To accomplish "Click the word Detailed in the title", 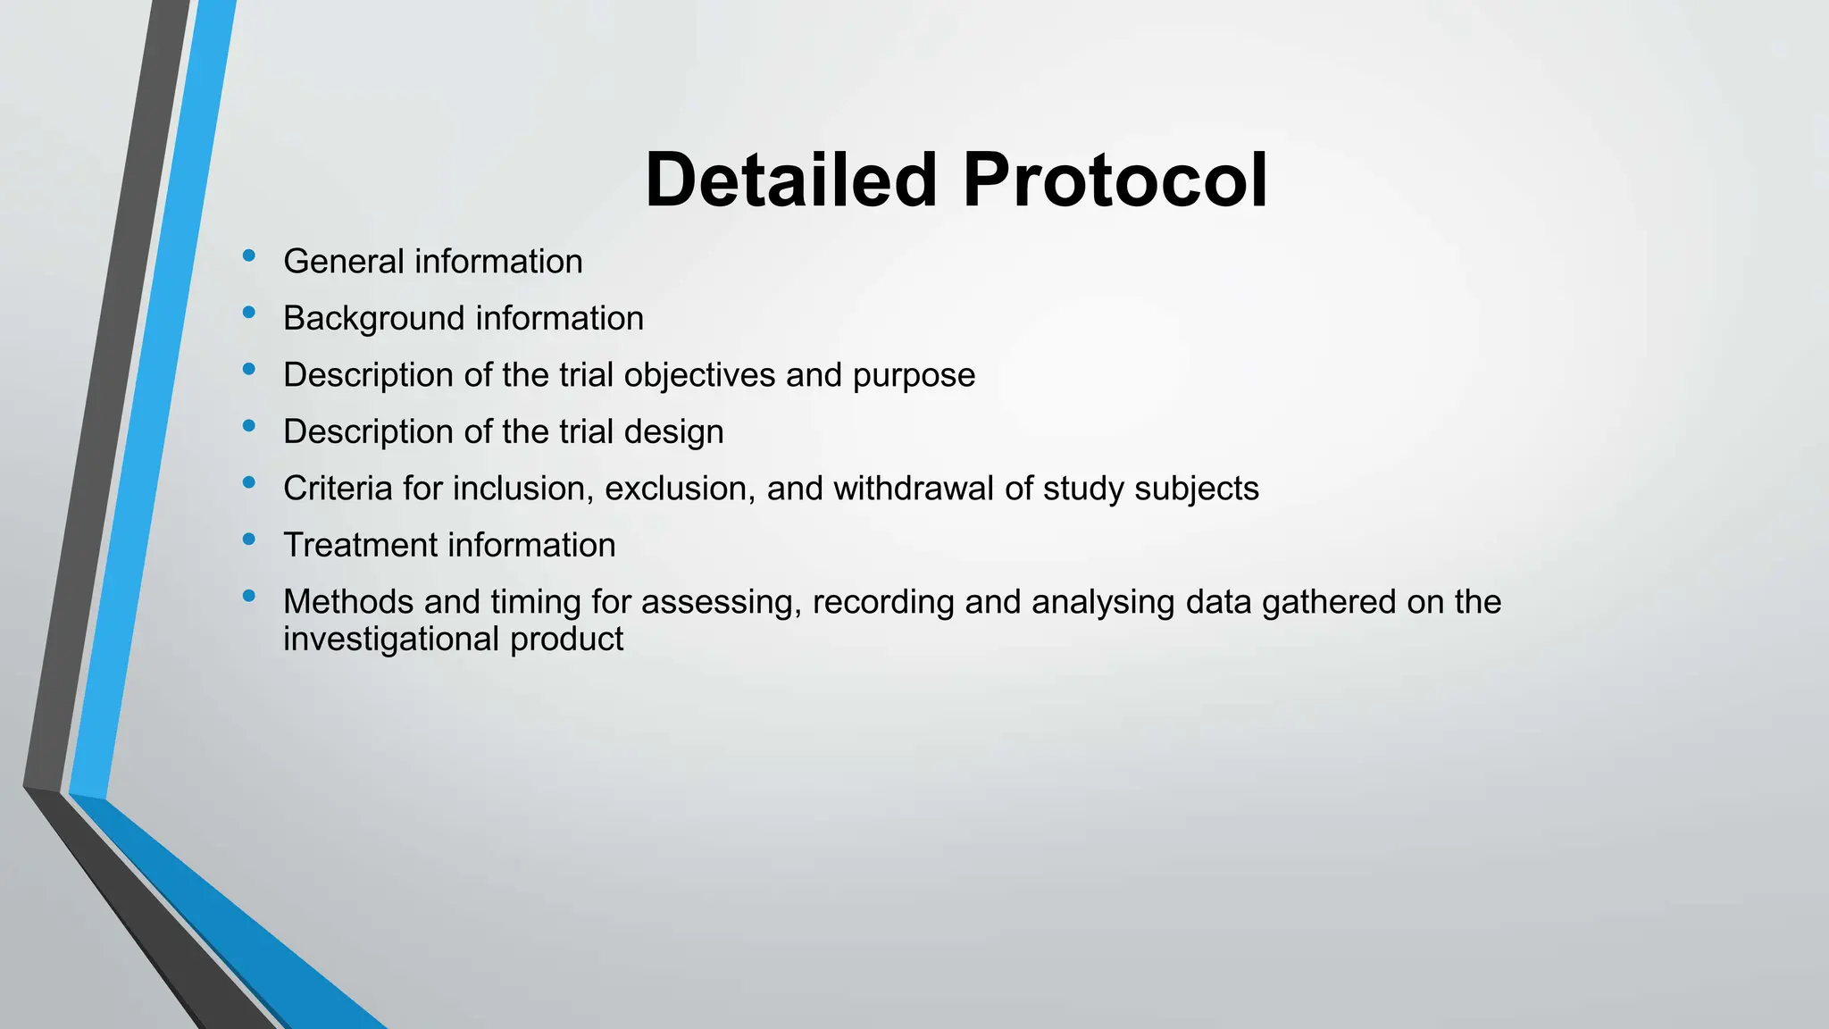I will [790, 180].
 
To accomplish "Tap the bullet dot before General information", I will [249, 256].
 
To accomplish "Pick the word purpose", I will [914, 376].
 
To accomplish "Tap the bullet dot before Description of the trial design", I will [249, 426].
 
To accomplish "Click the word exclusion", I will [680, 489].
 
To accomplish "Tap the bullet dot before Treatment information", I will [249, 540].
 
